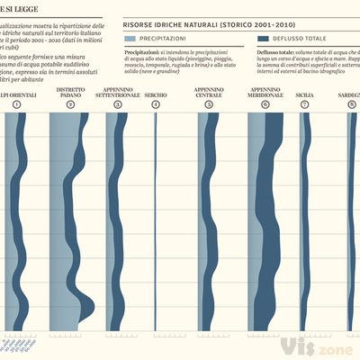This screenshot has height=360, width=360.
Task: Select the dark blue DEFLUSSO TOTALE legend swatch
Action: (263, 40)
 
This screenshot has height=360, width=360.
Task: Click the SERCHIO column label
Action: (155, 94)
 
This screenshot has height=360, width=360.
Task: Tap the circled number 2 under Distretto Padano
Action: (71, 105)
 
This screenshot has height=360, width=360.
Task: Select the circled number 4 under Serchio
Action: (155, 105)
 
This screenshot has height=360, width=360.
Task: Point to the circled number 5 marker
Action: (209, 105)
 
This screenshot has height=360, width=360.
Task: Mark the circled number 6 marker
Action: (265, 105)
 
